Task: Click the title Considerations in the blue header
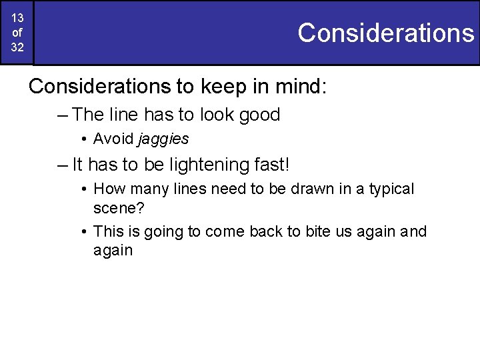coord(385,32)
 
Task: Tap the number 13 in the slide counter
coord(17,18)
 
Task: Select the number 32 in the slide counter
coord(17,47)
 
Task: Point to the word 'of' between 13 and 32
coord(17,33)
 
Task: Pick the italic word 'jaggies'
coord(163,139)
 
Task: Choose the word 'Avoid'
coord(113,139)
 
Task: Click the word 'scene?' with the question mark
coord(117,208)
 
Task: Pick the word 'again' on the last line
coord(113,251)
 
